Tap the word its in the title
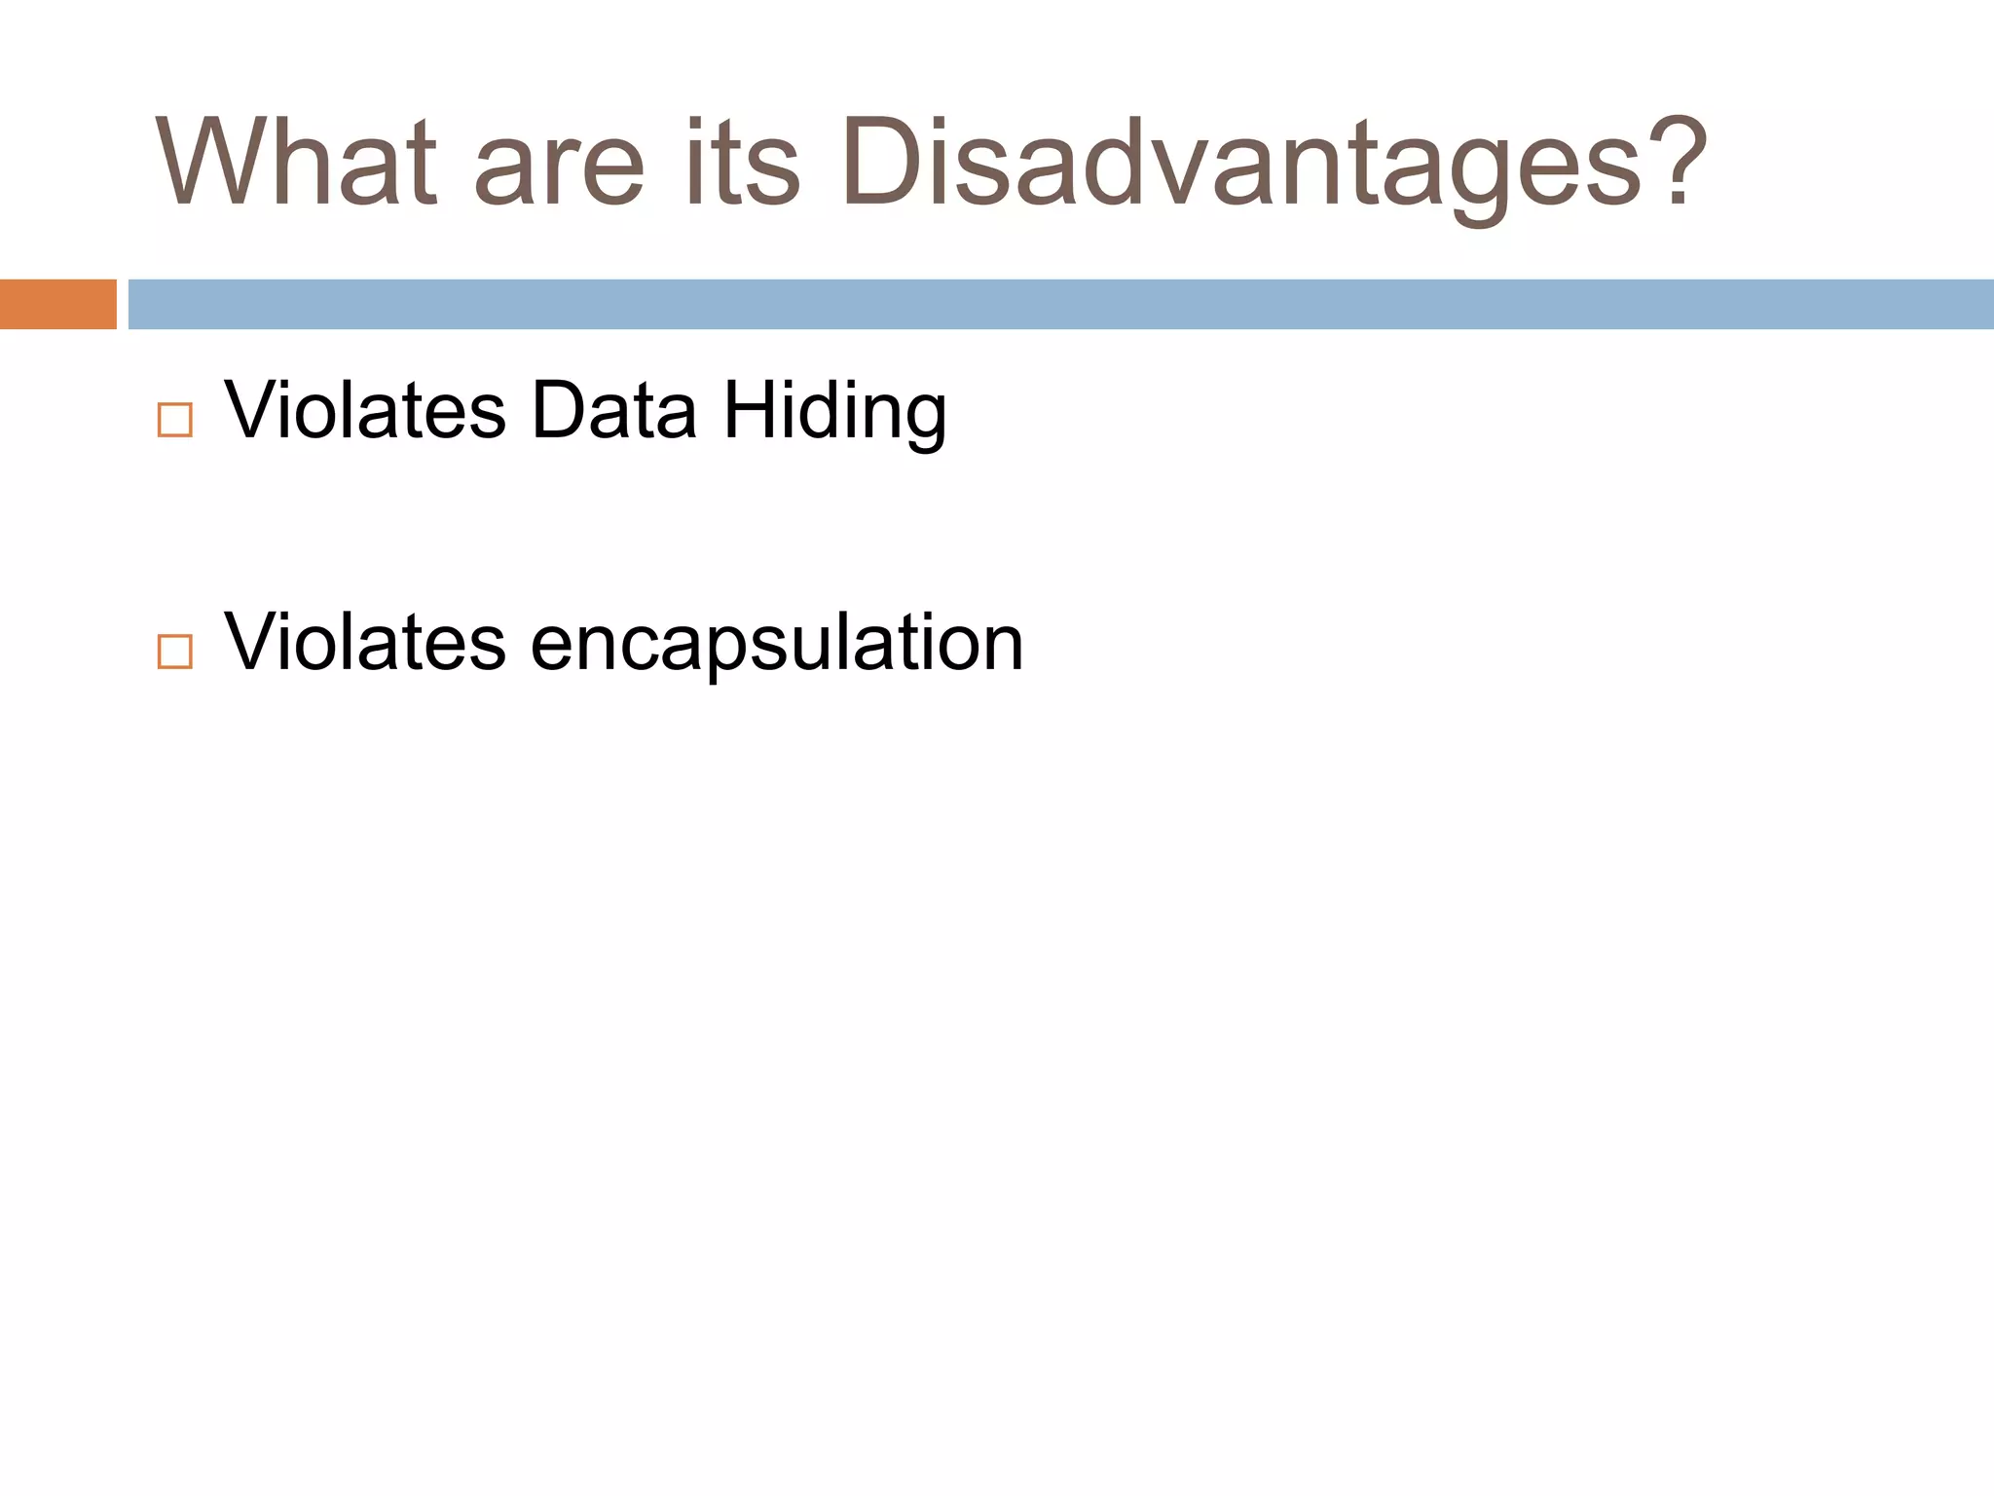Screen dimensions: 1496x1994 pyautogui.click(x=742, y=162)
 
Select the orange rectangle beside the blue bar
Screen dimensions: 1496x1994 pyautogui.click(x=57, y=304)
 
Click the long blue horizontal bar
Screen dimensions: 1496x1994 pyautogui.click(x=1060, y=304)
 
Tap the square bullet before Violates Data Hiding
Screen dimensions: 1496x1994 pyautogui.click(x=174, y=420)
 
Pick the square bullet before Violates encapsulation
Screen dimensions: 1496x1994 pyautogui.click(x=174, y=652)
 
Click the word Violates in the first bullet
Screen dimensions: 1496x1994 pyautogui.click(x=365, y=410)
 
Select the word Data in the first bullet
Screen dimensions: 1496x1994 pyautogui.click(x=613, y=410)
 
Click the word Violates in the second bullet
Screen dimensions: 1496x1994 pyautogui.click(x=365, y=642)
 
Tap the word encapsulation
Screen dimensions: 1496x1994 pyautogui.click(x=777, y=644)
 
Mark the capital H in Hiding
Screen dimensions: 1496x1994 pyautogui.click(x=748, y=410)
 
